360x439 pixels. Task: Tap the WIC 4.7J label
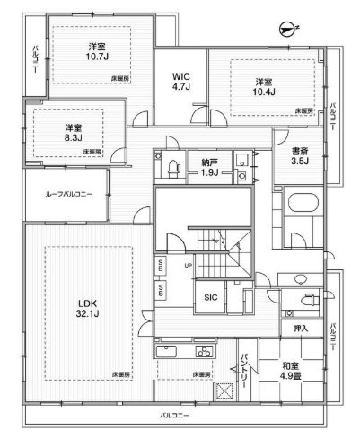pyautogui.click(x=180, y=82)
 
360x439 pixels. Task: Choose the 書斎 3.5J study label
pyautogui.click(x=299, y=156)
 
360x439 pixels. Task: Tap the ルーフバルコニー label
pyautogui.click(x=66, y=194)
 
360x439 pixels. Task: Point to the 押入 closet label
pyautogui.click(x=301, y=329)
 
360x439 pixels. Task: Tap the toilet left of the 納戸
pyautogui.click(x=171, y=164)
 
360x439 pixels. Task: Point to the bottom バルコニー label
pyautogui.click(x=172, y=416)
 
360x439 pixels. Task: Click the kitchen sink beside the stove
pyautogui.click(x=171, y=351)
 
